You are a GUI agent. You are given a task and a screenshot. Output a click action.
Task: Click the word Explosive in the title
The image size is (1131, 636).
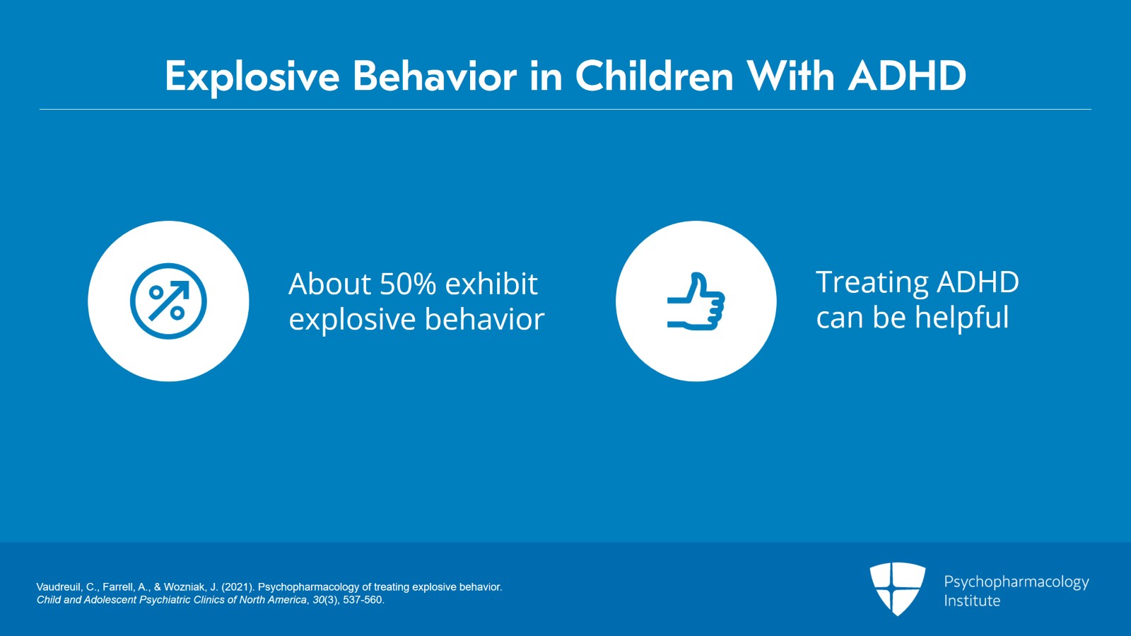click(252, 77)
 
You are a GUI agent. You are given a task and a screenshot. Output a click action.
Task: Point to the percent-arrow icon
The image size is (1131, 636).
click(168, 301)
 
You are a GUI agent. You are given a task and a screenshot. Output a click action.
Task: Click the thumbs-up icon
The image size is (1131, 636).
click(696, 301)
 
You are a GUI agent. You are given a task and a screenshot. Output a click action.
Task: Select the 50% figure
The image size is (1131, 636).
click(408, 284)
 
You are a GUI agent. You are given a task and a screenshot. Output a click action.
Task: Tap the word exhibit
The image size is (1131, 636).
click(491, 284)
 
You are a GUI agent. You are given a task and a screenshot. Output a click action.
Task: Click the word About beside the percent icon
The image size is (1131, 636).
click(329, 284)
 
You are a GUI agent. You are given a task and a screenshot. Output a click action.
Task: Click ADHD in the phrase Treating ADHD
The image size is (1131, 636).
click(978, 282)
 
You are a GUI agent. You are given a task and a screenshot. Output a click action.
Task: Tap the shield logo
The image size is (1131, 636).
click(897, 589)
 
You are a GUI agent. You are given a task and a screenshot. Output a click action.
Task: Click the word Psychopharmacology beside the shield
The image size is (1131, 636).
click(1016, 582)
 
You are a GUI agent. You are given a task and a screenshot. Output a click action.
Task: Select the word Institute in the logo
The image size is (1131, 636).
click(972, 601)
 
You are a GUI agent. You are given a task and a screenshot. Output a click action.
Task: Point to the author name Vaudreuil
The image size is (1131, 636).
click(58, 587)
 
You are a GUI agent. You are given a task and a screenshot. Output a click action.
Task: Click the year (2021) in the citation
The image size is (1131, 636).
click(238, 587)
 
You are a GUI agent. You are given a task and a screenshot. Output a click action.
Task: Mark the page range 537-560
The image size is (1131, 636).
click(363, 600)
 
